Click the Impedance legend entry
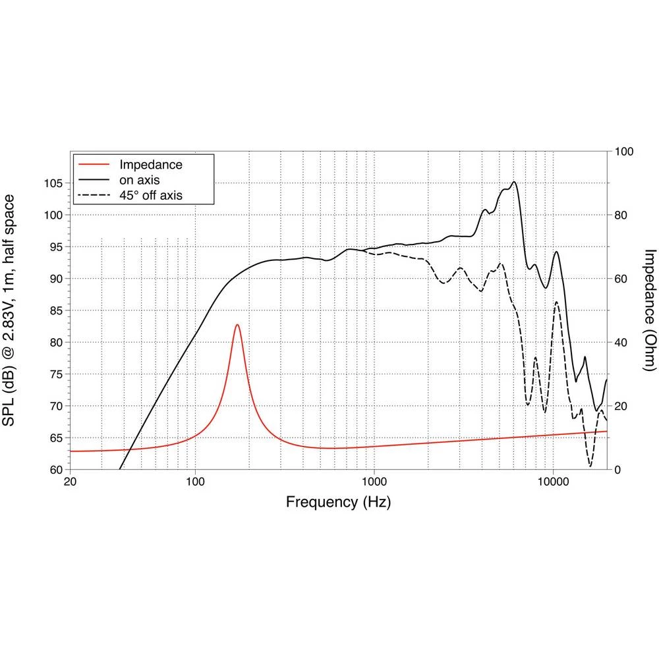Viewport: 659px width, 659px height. (x=150, y=164)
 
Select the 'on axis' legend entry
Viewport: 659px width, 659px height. (x=138, y=179)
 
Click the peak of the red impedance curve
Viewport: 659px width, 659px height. (x=237, y=324)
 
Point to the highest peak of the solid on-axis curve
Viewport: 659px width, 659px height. (x=514, y=182)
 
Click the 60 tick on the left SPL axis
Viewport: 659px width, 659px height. (x=55, y=470)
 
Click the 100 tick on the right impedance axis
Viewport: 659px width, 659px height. (x=623, y=152)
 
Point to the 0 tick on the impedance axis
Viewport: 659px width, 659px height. (x=617, y=470)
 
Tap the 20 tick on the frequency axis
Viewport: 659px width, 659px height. (x=70, y=481)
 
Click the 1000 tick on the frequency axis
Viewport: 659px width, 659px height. (x=374, y=481)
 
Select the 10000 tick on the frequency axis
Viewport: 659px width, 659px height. (x=553, y=481)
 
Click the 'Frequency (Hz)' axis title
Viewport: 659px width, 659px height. (x=338, y=503)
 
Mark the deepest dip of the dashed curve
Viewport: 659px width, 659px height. (x=590, y=466)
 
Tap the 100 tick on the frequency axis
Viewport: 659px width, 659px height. (x=195, y=481)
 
